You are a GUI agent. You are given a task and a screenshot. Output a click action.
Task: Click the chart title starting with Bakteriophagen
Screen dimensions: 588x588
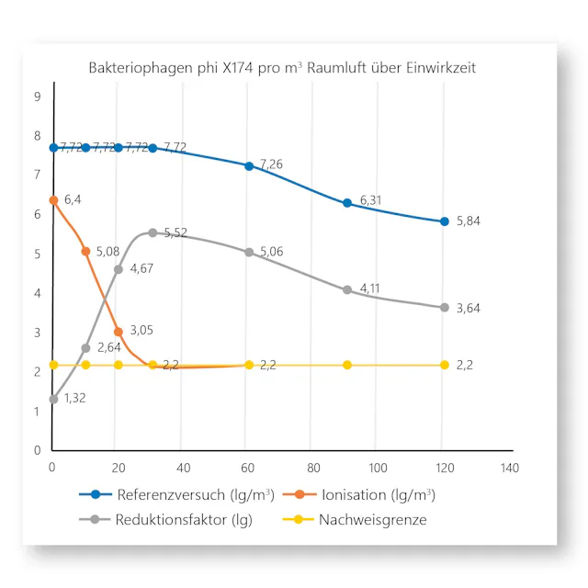(282, 68)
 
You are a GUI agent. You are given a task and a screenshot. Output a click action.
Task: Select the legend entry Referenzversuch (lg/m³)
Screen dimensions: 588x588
(183, 494)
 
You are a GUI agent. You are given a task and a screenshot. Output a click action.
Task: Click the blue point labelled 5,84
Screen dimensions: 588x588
(445, 221)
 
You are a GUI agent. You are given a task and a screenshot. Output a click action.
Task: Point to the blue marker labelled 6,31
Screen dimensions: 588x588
(347, 203)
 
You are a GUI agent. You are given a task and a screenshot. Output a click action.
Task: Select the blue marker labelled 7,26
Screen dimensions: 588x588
(249, 166)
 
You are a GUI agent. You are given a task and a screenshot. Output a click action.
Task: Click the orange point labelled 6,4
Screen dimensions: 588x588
(53, 199)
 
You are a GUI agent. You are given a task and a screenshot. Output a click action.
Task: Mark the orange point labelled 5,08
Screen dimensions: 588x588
(85, 252)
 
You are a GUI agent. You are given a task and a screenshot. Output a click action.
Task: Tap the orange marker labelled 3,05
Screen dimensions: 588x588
(119, 332)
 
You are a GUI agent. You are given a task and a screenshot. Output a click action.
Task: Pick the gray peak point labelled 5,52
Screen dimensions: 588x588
(153, 233)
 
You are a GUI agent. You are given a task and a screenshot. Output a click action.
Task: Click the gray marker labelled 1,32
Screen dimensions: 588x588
(53, 399)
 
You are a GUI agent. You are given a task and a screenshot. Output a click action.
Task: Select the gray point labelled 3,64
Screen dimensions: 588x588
(445, 308)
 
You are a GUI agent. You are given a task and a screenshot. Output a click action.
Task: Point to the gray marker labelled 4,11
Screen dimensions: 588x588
(347, 289)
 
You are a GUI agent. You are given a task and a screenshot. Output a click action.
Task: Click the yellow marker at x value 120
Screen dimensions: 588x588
(445, 365)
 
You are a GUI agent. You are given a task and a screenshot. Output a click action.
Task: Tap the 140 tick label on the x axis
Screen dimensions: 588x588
(510, 468)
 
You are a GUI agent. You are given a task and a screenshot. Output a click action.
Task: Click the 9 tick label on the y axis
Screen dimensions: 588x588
(37, 96)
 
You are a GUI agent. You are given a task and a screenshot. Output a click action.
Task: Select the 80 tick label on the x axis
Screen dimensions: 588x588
(315, 468)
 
